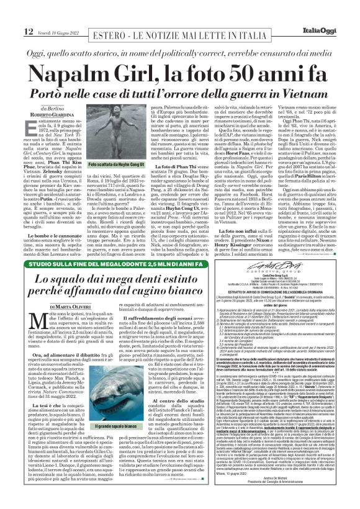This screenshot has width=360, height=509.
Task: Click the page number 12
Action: tap(12, 13)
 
